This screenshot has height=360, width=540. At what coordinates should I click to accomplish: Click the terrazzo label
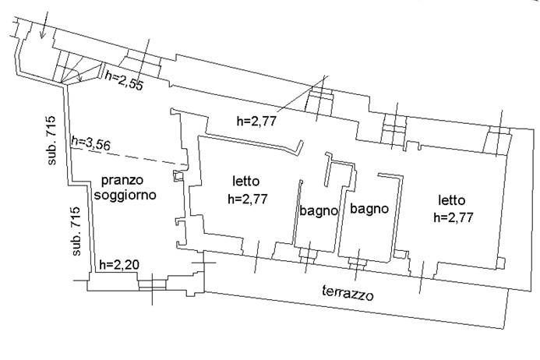[x=348, y=293]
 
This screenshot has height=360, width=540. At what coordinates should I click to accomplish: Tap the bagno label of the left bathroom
[x=318, y=210]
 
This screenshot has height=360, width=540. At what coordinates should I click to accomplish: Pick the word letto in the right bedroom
[x=454, y=199]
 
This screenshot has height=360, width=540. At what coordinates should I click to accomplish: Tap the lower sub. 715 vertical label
[x=77, y=231]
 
